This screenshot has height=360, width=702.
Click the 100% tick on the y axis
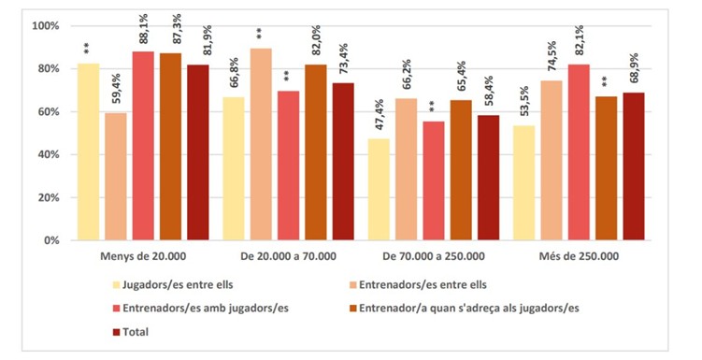point(45,26)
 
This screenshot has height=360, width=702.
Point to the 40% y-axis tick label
point(48,155)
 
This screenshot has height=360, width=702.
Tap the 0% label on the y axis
point(50,240)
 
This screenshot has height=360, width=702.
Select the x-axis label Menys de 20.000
point(143,256)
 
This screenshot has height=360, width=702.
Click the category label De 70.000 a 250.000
point(434,256)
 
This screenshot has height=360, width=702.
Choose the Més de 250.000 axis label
point(579,256)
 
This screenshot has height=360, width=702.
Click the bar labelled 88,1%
point(143,146)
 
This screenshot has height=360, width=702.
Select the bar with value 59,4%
point(116,177)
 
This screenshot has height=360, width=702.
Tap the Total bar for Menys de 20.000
point(198,152)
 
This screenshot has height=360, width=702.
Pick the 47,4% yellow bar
point(379,190)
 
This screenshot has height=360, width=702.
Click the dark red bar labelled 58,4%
point(489,178)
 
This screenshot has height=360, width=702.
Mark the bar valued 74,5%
point(552,161)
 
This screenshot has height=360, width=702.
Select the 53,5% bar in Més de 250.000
point(523,183)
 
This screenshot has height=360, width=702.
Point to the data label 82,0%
point(316,44)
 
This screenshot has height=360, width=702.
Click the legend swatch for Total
point(117,332)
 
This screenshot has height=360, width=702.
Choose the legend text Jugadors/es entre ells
point(178,285)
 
